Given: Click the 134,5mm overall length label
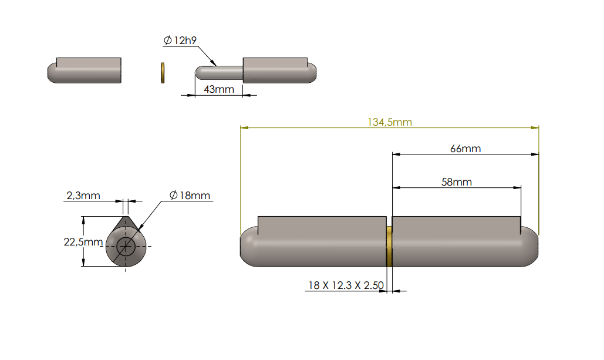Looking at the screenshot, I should [x=390, y=122].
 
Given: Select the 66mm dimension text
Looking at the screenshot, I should [x=465, y=149].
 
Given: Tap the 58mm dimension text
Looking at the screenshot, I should [x=457, y=182].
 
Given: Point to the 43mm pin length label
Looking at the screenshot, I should [x=219, y=89].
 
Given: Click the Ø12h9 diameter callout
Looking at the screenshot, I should [x=180, y=41].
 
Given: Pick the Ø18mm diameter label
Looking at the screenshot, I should [x=190, y=196].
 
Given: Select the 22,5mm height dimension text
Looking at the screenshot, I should [x=83, y=241].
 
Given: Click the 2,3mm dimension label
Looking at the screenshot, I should [x=83, y=196].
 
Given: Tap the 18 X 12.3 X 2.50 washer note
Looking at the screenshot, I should [x=346, y=285].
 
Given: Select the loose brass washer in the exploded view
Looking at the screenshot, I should [x=163, y=72].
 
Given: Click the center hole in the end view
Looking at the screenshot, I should [x=125, y=247].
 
